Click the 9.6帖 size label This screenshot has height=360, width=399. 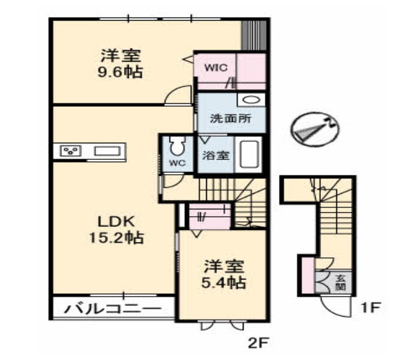pos(119,72)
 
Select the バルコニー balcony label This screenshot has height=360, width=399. pos(113,309)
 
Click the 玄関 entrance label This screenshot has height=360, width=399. pos(340,283)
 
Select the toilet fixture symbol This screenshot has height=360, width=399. pos(177,146)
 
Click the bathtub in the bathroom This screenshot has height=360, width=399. pos(249,155)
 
